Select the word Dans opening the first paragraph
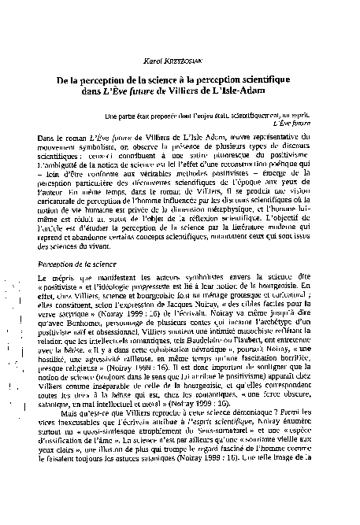(x=47, y=138)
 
